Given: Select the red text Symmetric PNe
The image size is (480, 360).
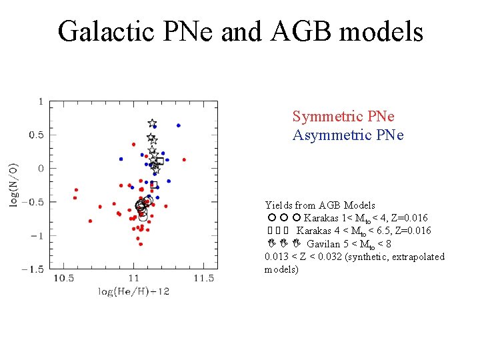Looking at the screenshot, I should (x=343, y=117).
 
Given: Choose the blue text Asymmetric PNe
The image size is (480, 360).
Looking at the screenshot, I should (x=348, y=135).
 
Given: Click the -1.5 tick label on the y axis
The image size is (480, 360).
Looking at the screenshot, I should (x=32, y=269).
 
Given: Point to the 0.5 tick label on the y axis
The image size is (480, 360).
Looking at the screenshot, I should (x=35, y=135).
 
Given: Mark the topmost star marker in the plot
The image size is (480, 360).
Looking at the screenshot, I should (x=151, y=123).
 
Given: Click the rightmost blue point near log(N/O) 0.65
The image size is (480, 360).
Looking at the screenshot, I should (x=178, y=125).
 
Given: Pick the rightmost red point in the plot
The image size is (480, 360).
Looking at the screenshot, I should (x=184, y=160).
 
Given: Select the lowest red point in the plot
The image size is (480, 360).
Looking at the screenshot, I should (x=141, y=244).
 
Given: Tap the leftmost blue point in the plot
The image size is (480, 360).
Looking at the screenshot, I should (x=121, y=159).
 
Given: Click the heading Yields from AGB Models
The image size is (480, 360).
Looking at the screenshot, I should (x=320, y=205).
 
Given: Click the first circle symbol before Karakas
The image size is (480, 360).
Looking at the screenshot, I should (x=271, y=218).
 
